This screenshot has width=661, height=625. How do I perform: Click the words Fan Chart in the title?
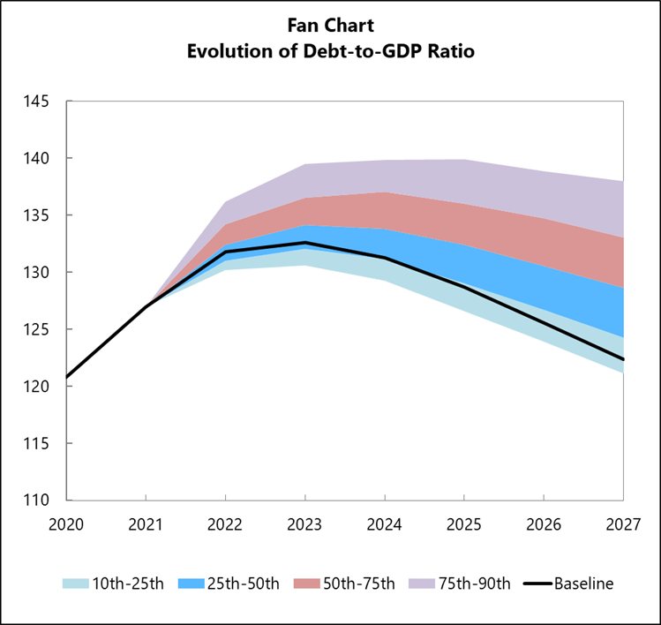pyautogui.click(x=330, y=26)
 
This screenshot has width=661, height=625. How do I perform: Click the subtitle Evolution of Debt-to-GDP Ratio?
pyautogui.click(x=330, y=51)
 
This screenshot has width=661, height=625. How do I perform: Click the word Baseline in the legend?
pyautogui.click(x=583, y=584)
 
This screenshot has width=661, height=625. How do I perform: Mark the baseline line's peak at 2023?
pyautogui.click(x=305, y=242)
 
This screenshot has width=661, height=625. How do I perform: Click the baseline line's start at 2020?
pyautogui.click(x=66, y=377)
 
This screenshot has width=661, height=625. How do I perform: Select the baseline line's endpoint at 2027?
pyautogui.click(x=624, y=359)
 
